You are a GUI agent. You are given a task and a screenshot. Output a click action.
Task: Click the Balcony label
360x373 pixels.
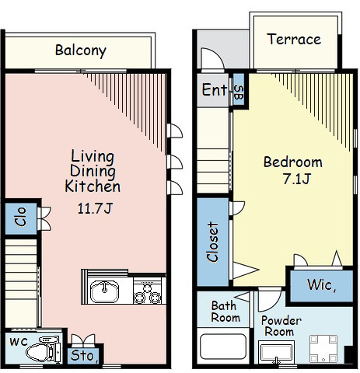(81, 51)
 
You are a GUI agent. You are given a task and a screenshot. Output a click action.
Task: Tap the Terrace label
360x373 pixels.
(294, 40)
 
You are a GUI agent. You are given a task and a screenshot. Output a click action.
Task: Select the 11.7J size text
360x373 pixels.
(95, 208)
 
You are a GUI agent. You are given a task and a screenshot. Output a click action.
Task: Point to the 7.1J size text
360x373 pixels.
(296, 179)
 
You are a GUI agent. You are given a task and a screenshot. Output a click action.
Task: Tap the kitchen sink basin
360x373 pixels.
(104, 291)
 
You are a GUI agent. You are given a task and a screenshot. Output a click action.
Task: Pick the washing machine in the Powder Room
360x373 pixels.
(323, 348)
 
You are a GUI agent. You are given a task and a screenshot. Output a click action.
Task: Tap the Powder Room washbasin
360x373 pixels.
(276, 352)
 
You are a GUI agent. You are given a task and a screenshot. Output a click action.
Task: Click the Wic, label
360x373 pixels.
(321, 285)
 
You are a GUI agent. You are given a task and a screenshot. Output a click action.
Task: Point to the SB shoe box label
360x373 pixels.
(239, 92)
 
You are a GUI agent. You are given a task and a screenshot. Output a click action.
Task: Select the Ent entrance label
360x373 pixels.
(215, 89)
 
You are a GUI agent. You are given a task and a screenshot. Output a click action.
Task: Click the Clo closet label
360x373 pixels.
(21, 217)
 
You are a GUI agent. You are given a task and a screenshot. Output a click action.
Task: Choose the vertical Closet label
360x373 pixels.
(213, 242)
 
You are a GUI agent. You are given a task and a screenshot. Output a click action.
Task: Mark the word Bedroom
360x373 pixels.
(293, 162)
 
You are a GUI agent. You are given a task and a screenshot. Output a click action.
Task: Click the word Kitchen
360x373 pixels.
(93, 186)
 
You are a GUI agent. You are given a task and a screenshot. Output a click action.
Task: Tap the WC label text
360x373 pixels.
(19, 342)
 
